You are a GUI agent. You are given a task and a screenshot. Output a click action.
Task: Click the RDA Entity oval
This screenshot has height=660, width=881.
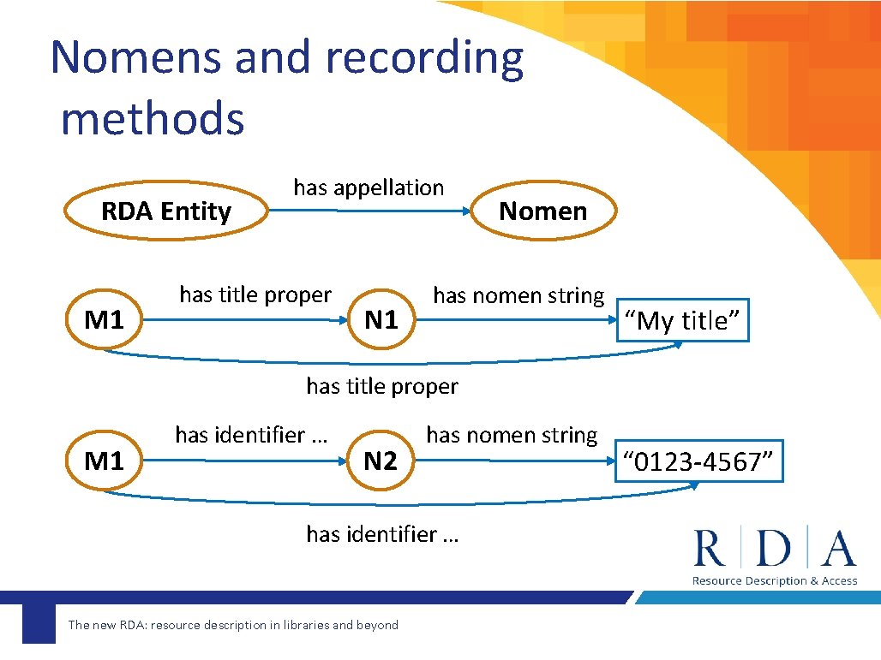(166, 211)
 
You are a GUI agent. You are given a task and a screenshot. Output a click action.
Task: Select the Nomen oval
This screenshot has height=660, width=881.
(542, 211)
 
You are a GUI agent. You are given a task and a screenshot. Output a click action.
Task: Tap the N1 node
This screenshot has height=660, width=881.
(381, 321)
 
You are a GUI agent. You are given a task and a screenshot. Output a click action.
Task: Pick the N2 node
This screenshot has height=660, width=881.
(381, 462)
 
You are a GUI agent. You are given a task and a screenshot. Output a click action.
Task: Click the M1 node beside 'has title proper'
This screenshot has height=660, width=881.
(105, 321)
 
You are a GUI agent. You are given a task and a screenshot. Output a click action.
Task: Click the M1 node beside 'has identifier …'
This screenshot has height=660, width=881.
(105, 462)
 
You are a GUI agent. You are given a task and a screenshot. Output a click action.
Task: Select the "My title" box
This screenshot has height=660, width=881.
(682, 321)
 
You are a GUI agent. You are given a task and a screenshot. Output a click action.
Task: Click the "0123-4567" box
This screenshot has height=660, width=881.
(699, 462)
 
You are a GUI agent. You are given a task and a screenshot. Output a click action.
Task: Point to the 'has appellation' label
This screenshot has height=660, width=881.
(369, 187)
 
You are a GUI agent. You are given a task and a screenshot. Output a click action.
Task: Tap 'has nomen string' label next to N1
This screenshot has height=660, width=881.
(518, 296)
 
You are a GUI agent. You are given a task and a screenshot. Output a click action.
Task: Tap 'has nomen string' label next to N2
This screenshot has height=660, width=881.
(512, 436)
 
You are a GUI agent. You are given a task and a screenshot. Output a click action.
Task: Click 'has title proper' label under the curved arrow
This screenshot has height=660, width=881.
(382, 387)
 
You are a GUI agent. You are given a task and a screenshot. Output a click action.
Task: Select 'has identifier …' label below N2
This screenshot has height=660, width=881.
(382, 534)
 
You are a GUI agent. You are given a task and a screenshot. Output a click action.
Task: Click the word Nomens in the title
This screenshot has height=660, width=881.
(137, 58)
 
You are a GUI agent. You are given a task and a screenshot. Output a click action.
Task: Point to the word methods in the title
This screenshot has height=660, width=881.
(153, 118)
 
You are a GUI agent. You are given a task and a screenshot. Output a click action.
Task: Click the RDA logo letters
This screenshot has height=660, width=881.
(775, 549)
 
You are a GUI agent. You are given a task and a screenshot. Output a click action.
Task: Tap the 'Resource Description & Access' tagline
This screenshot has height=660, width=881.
(775, 581)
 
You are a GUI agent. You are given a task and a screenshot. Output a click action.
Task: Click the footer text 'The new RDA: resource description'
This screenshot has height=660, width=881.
(233, 625)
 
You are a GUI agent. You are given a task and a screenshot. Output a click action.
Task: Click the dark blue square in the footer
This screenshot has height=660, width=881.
(39, 624)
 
